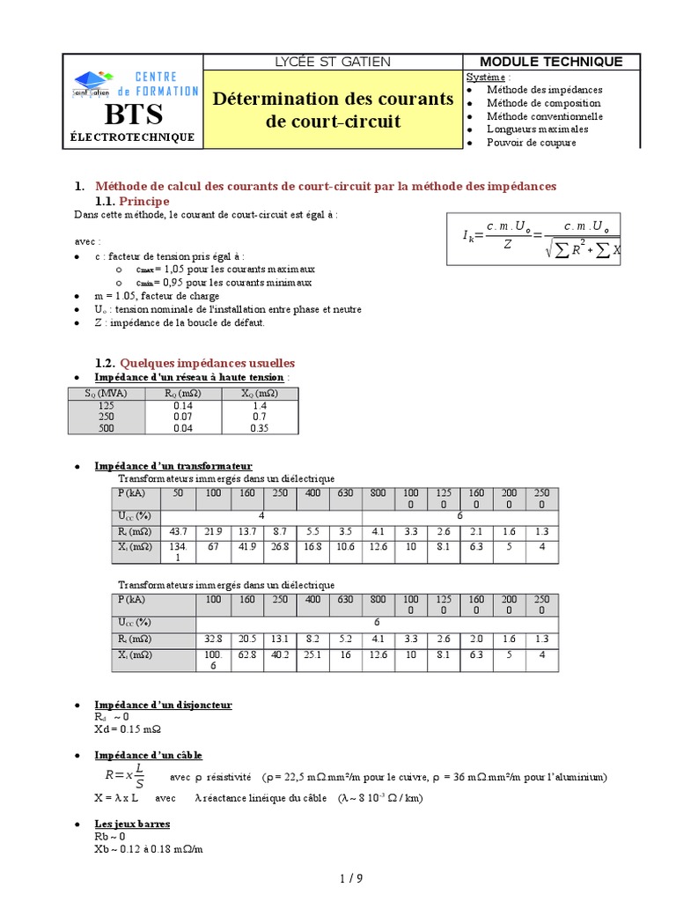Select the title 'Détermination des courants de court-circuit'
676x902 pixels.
pos(333,110)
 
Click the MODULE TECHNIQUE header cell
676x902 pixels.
pos(552,62)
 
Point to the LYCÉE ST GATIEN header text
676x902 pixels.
pos(333,62)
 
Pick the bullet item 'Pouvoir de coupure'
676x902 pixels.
pos(532,142)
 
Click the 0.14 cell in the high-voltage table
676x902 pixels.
pos(183,406)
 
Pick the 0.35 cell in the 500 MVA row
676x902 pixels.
pos(258,429)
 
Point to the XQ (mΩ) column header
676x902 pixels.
pos(258,394)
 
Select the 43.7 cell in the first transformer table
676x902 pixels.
pos(179,531)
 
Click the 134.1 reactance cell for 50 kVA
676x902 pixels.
pos(179,552)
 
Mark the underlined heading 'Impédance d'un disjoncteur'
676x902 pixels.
pos(163,706)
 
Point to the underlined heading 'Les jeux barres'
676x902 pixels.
pos(132,824)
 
